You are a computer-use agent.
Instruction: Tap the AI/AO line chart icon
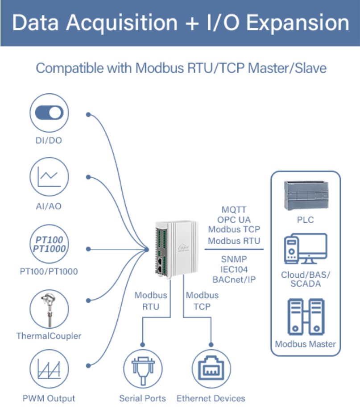coord(50,178)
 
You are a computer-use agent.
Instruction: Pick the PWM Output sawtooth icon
coord(50,370)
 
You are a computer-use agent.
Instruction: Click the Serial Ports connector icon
coord(143,369)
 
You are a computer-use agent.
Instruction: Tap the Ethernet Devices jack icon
coord(211,369)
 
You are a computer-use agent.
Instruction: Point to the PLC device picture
coord(306,196)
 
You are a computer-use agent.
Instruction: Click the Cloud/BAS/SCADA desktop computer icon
coord(306,249)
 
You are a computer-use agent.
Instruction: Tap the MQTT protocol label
coord(234,209)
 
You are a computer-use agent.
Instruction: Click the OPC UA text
coord(234,219)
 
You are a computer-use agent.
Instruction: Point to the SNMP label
coord(234,259)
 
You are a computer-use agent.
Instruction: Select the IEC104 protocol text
coord(234,269)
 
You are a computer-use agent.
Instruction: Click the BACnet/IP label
coord(234,280)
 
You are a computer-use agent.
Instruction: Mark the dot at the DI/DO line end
coord(88,114)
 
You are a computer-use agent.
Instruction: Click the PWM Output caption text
coord(49,398)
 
